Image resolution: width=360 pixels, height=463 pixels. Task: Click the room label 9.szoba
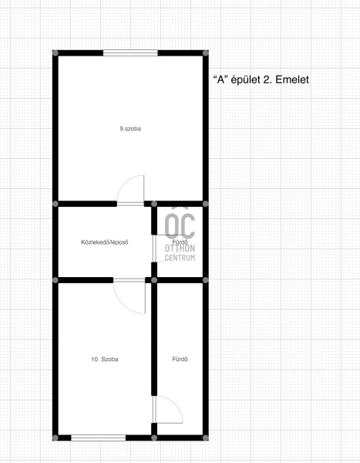(x=130, y=129)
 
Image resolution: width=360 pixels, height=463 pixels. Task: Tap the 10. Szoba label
(x=105, y=359)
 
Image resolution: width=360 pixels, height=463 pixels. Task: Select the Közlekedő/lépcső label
(x=105, y=242)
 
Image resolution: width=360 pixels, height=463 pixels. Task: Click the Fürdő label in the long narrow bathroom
(x=180, y=359)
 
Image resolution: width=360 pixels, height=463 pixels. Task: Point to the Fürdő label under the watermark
(x=180, y=242)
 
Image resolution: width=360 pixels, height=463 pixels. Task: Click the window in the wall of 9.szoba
(x=130, y=52)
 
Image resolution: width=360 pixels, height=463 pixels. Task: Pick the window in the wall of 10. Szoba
(x=98, y=438)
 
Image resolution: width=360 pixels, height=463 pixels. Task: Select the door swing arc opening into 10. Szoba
(x=124, y=304)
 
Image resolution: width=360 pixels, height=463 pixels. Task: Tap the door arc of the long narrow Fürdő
(x=176, y=404)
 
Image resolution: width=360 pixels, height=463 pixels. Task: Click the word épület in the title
(x=245, y=79)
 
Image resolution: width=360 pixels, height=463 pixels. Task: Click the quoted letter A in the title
(x=220, y=79)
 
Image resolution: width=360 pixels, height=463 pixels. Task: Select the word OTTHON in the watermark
(x=180, y=248)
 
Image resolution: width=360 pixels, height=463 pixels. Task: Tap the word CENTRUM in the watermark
(x=180, y=258)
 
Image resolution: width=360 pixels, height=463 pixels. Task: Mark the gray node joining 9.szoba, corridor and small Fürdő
(x=154, y=204)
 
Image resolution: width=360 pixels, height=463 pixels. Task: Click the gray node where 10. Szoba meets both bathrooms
(x=154, y=280)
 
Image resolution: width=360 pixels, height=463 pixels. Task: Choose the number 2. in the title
(x=267, y=79)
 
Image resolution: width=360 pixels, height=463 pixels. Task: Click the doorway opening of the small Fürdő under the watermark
(x=154, y=248)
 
